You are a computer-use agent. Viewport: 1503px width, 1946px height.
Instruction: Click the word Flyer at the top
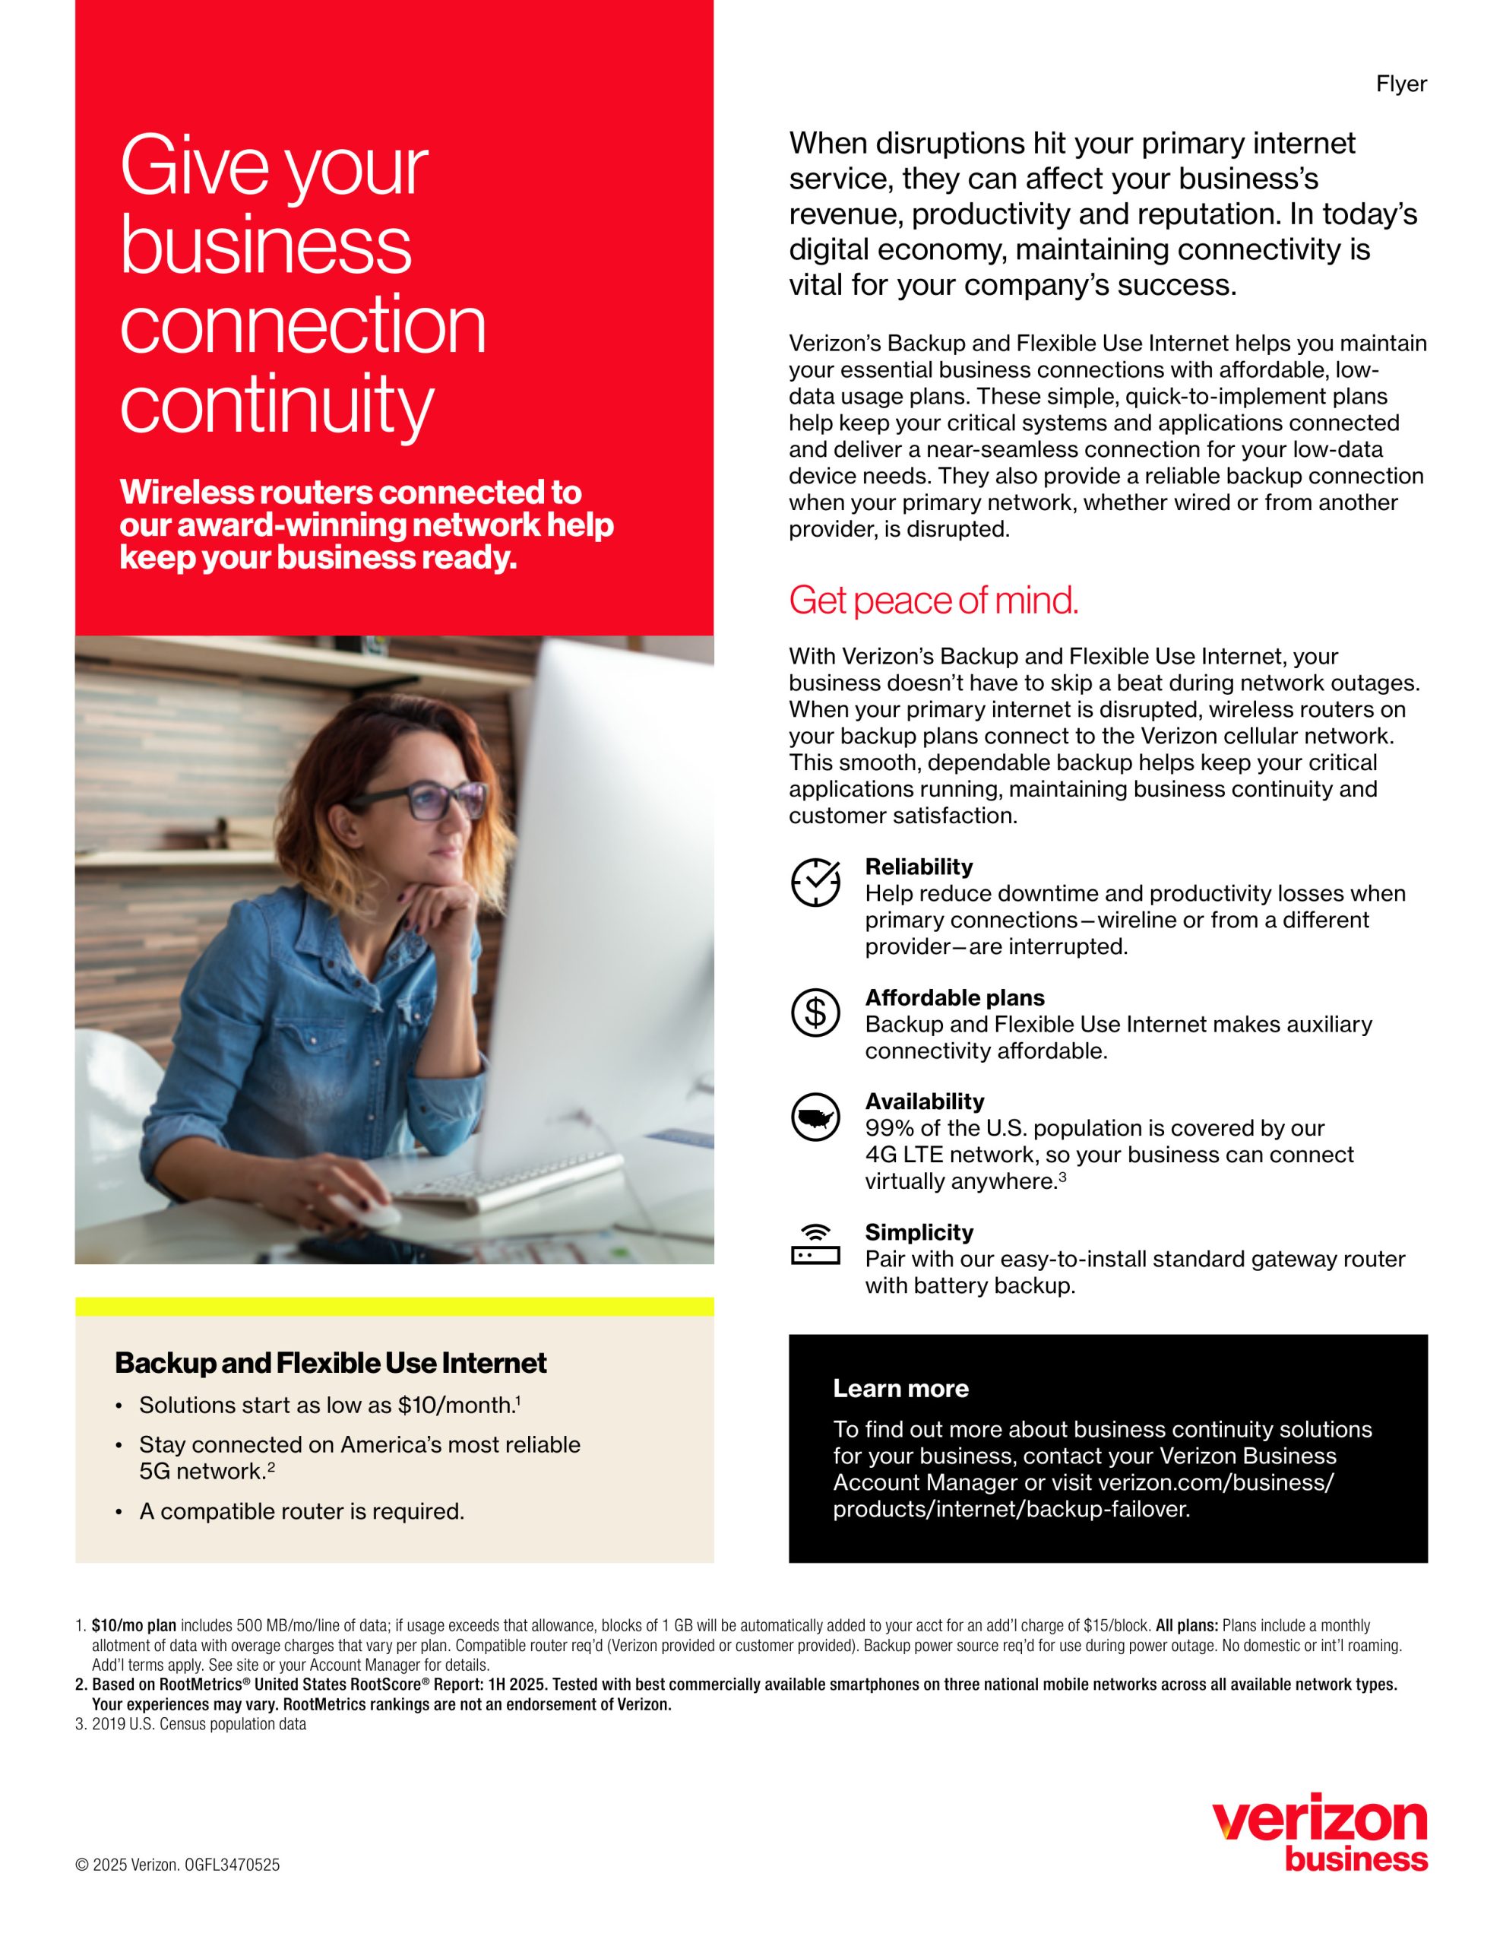(x=1400, y=84)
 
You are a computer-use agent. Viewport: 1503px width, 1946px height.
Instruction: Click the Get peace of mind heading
(x=933, y=601)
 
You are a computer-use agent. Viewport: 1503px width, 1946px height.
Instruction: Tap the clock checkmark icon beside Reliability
(x=815, y=882)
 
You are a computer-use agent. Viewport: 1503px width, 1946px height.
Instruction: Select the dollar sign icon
(x=815, y=1013)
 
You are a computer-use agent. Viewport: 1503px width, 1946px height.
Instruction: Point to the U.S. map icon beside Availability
(x=815, y=1117)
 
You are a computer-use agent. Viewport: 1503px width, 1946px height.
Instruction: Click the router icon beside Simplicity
(x=815, y=1246)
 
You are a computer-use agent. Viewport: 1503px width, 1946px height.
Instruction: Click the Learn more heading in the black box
(x=900, y=1388)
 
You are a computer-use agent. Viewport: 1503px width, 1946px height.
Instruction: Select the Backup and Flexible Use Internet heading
(x=331, y=1363)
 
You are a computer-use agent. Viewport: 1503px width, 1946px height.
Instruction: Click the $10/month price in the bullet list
(x=455, y=1405)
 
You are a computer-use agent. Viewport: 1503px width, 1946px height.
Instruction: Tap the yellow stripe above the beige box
(x=394, y=1306)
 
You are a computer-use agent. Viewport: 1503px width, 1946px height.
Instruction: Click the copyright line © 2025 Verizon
(x=177, y=1865)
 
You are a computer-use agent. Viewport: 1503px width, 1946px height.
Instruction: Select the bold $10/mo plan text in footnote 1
(x=134, y=1625)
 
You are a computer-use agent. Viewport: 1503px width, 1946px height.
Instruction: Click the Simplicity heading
(x=919, y=1232)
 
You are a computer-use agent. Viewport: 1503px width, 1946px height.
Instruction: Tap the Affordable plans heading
(x=954, y=998)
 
